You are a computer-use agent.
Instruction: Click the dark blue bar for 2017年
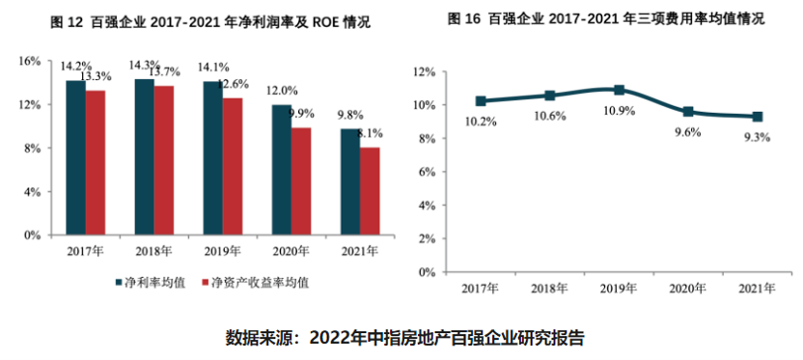tap(75, 157)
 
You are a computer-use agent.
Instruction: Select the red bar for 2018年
tap(164, 160)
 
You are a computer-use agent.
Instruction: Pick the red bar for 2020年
tap(301, 180)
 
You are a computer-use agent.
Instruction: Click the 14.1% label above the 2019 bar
tap(212, 68)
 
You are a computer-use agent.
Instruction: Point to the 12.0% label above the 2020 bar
tap(282, 90)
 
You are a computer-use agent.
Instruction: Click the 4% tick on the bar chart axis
tap(34, 191)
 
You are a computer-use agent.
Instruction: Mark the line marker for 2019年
tap(620, 90)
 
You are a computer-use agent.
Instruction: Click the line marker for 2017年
tap(481, 100)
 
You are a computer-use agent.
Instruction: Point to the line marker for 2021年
tap(758, 116)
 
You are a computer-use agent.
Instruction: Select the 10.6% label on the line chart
tap(550, 117)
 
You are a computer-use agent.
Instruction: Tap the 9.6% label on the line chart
tap(688, 133)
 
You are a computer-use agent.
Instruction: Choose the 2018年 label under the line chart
tap(549, 288)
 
